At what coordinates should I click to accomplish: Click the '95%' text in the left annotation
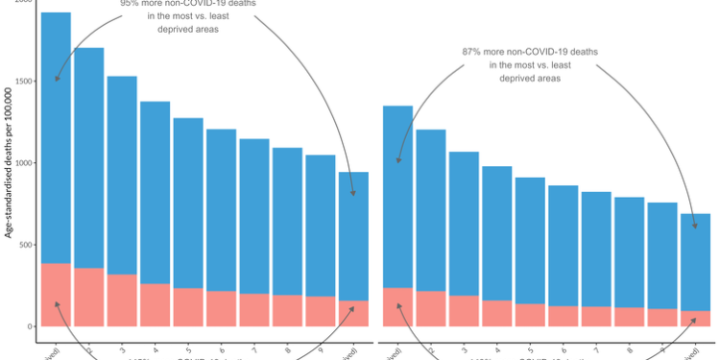(x=132, y=4)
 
